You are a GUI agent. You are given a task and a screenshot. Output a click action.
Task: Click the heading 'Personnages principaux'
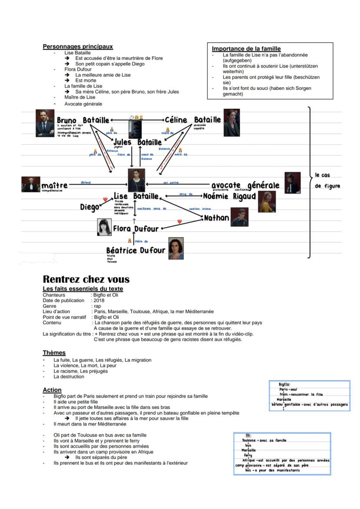77,47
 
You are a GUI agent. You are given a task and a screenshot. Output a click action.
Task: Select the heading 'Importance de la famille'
246,49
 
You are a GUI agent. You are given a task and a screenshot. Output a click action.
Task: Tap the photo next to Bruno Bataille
45,123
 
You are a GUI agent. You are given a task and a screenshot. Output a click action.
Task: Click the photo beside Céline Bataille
232,123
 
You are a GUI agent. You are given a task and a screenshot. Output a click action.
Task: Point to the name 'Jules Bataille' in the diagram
137,142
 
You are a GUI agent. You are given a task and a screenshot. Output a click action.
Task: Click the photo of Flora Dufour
104,227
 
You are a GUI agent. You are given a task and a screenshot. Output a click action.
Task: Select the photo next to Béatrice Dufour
176,248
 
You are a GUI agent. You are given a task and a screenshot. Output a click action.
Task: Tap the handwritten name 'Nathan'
216,218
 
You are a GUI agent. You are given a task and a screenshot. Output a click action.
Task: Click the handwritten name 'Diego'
90,207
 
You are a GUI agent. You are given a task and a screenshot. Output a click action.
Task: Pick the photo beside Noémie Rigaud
267,201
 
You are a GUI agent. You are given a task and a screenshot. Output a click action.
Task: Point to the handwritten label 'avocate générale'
245,186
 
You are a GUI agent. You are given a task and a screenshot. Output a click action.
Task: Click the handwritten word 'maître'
54,186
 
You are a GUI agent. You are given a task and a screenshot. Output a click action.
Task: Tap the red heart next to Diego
105,200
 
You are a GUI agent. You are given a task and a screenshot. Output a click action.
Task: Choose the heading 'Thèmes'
54,353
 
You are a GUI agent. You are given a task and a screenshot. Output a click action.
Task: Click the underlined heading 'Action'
52,390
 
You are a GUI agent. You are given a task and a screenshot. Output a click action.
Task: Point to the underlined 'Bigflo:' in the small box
285,385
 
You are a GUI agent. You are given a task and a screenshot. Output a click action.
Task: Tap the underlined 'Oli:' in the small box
248,435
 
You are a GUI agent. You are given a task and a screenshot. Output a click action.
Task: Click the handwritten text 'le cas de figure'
327,180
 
